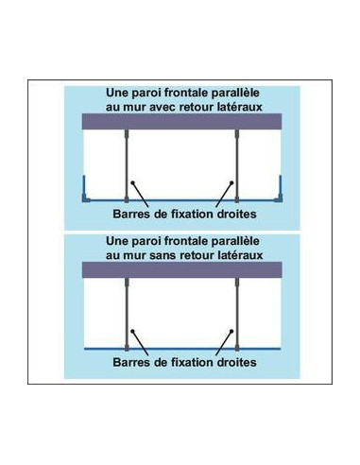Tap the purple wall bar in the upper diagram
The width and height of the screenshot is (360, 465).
180,122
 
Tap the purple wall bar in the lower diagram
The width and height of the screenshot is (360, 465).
180,270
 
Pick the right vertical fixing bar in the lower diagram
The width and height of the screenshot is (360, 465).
235,312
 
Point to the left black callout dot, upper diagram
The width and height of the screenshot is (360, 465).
133,183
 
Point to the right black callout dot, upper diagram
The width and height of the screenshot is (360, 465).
226,183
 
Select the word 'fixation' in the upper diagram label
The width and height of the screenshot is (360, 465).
182,213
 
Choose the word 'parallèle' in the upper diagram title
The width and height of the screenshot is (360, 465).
235,94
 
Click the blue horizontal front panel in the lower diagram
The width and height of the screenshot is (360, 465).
180,349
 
